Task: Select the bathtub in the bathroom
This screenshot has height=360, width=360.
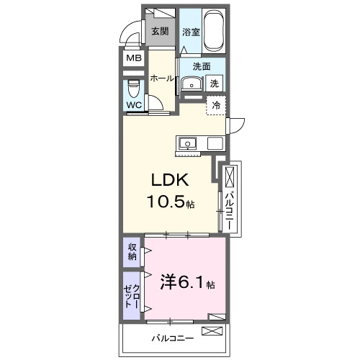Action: point(215,30)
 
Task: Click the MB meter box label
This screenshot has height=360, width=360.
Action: point(134,59)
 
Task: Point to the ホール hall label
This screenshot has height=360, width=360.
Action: point(162,79)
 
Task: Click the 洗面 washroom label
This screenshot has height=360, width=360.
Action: point(201,66)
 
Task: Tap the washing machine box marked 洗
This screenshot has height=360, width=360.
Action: point(215,84)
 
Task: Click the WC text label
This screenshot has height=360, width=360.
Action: point(134,105)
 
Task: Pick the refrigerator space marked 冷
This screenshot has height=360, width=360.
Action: point(215,105)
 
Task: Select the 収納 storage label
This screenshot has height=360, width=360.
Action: point(132,252)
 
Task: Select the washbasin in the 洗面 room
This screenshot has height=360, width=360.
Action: point(191,84)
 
